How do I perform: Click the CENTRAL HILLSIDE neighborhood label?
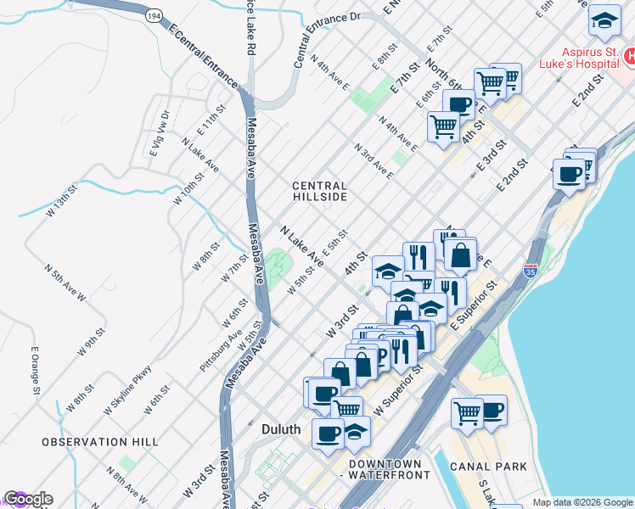point(319,191)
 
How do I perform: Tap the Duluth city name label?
point(280,429)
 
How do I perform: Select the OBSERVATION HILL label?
point(100,442)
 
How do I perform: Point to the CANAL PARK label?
point(490,466)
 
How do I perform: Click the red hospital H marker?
point(630,58)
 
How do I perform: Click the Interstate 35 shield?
point(531,271)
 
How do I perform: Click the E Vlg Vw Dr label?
point(160,133)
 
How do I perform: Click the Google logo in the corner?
point(27,499)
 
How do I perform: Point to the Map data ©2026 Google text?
point(582,502)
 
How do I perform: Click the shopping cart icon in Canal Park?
point(467,412)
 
